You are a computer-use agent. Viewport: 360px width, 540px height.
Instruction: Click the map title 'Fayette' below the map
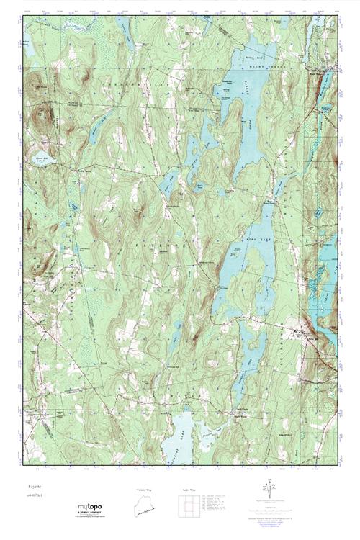pos(35,487)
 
